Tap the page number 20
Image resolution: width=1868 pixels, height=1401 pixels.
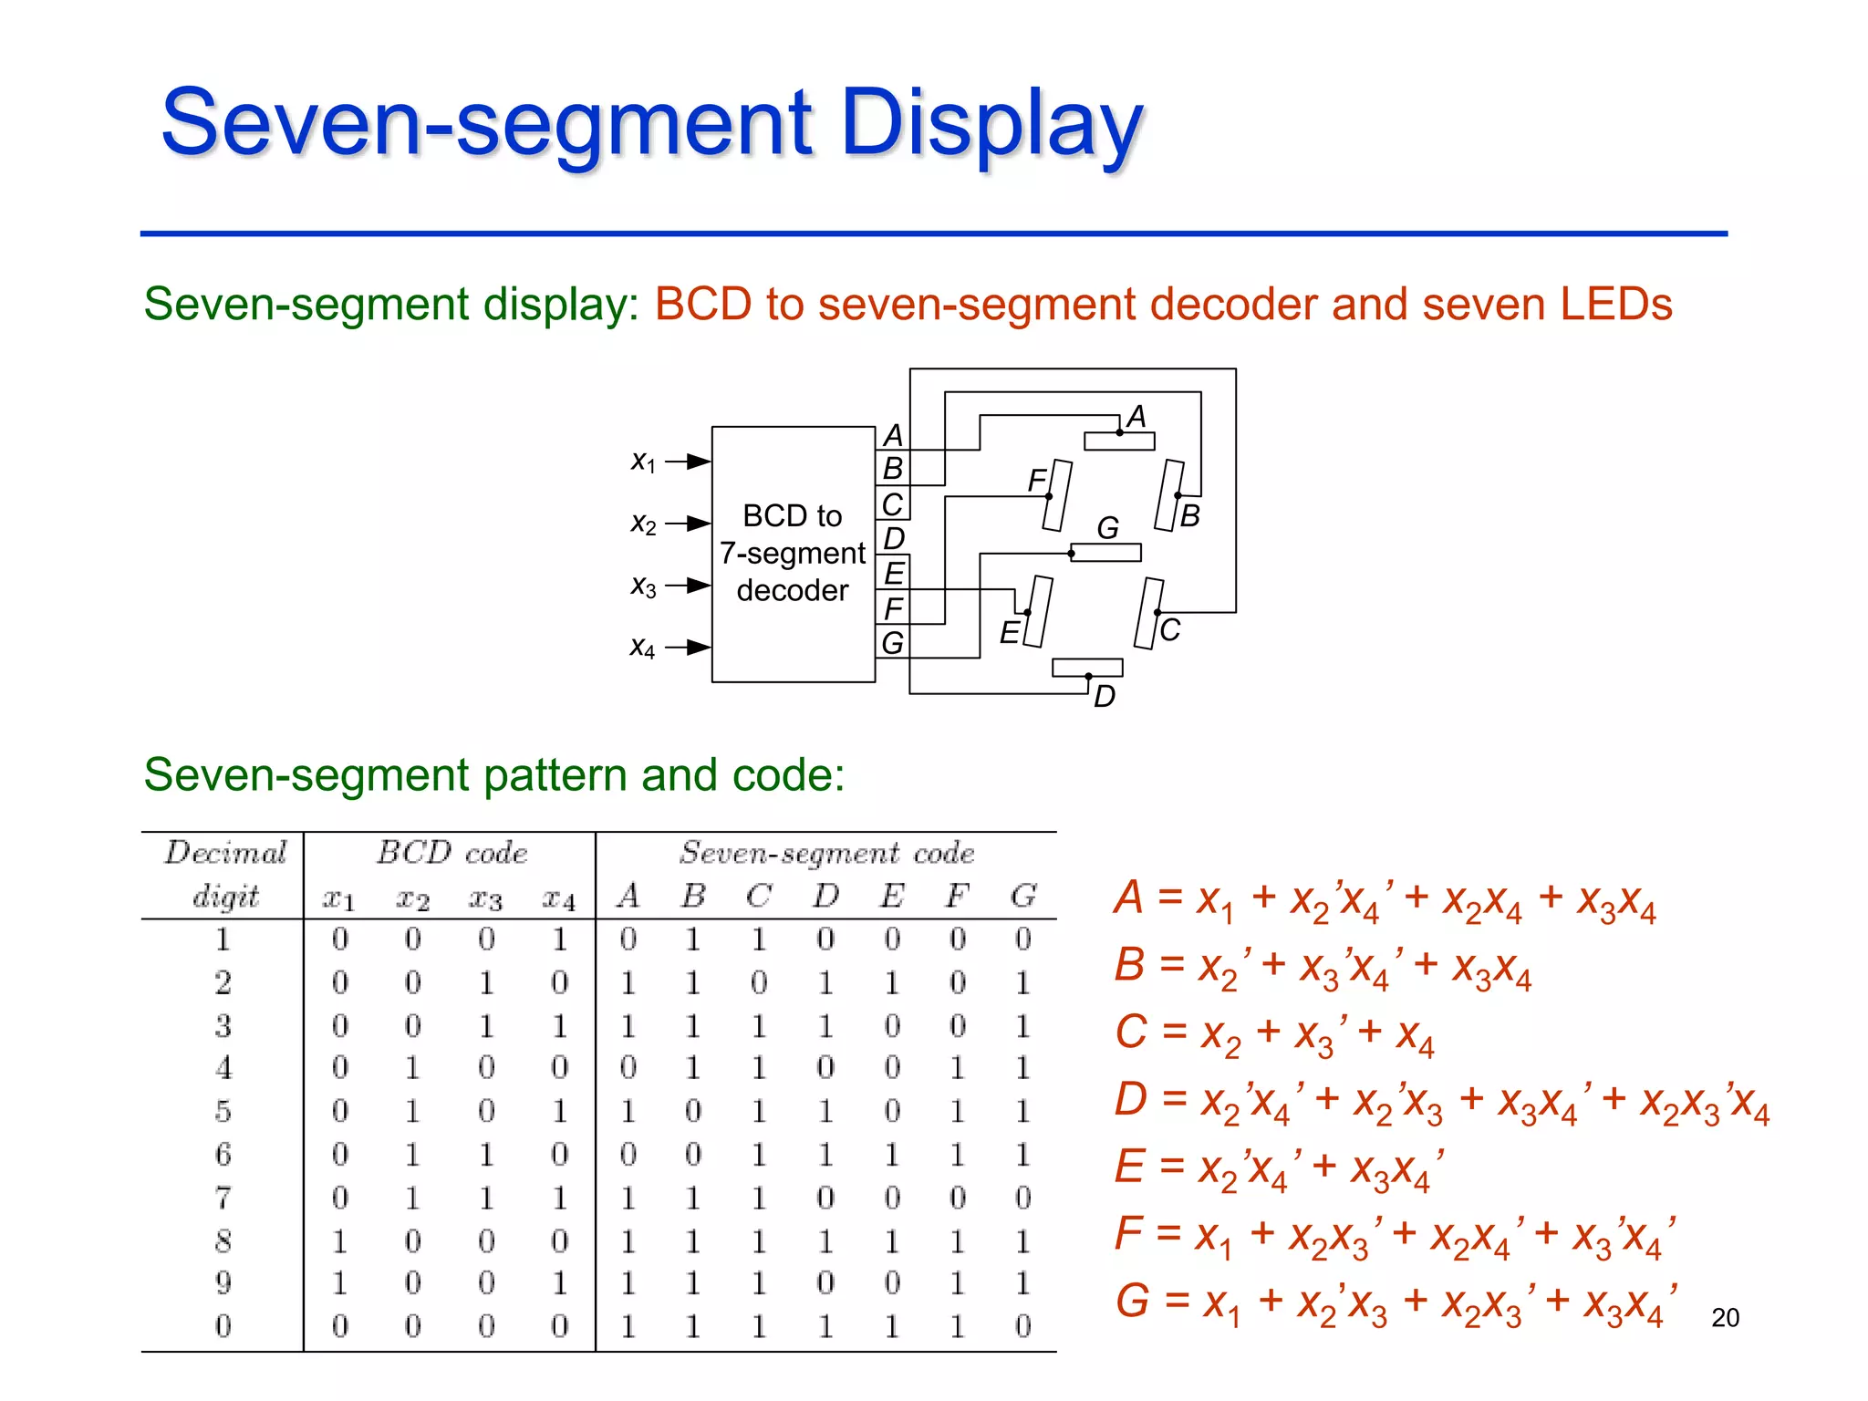point(1725,1317)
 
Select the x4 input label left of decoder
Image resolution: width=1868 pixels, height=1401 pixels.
point(642,648)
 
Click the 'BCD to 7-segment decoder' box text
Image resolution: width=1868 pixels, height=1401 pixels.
point(792,553)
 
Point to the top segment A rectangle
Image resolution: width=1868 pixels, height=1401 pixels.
point(1119,441)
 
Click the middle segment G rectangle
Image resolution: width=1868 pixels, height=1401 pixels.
point(1105,553)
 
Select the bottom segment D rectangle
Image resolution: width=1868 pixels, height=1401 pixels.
point(1087,668)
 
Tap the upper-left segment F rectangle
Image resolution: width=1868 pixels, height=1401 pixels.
point(1057,495)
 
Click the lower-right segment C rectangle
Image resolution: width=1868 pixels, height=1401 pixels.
point(1149,614)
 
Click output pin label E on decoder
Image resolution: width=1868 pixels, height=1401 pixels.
point(894,574)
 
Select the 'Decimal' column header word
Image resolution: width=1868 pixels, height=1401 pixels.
point(225,852)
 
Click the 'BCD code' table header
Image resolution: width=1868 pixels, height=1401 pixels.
point(451,852)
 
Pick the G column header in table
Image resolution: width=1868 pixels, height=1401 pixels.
point(1023,896)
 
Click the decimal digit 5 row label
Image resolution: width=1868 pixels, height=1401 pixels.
point(223,1111)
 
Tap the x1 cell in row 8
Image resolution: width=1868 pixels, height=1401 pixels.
point(339,1240)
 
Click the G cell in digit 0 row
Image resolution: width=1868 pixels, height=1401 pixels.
point(1023,1325)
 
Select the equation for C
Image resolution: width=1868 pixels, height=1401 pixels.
point(1275,1034)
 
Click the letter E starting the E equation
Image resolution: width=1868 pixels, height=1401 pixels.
point(1129,1167)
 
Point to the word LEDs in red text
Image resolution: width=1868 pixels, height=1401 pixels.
point(1615,304)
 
